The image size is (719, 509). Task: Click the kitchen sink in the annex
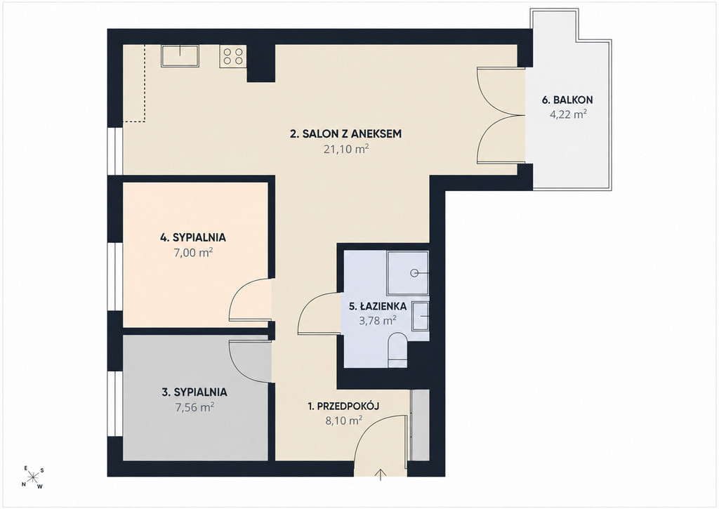(179, 55)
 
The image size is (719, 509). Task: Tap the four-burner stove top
(233, 56)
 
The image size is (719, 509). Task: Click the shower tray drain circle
(415, 274)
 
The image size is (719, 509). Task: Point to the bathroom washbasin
(420, 316)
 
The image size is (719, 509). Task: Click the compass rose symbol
(33, 478)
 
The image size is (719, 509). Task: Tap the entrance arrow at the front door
(381, 475)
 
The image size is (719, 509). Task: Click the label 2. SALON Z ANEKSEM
(346, 134)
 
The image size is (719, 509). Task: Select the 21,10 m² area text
(347, 149)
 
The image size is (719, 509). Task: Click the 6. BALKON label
(567, 100)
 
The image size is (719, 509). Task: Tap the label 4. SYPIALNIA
(192, 237)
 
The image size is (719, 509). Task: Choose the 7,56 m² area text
(194, 407)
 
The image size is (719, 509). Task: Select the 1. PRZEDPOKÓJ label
(343, 406)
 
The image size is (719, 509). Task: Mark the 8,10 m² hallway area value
(344, 421)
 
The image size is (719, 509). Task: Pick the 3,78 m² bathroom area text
(377, 320)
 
